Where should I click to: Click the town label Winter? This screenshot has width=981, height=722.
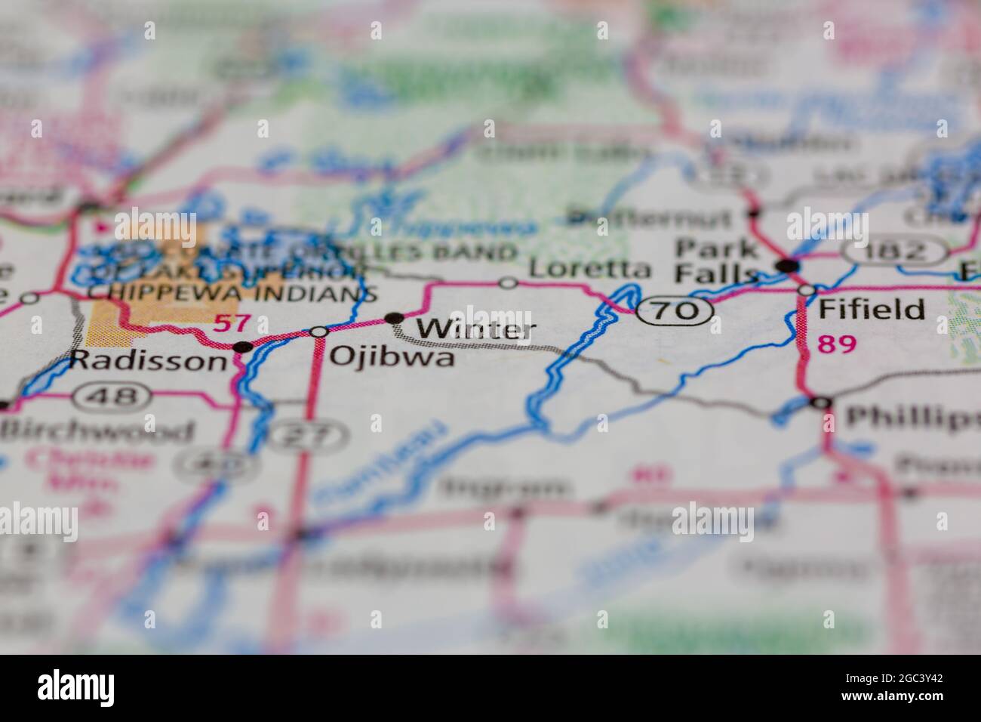click(475, 330)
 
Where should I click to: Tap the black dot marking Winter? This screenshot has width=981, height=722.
click(394, 319)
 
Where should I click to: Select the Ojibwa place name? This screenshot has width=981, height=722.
click(392, 356)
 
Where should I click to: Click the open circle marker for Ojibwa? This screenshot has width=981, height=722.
click(319, 332)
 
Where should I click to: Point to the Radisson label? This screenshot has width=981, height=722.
click(148, 361)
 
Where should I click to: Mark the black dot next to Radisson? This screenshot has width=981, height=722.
click(243, 347)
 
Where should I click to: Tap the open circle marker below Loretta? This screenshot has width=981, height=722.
click(509, 283)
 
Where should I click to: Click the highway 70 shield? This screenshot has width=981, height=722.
click(675, 310)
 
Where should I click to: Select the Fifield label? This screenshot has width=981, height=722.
click(872, 309)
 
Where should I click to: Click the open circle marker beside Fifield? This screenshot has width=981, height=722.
click(807, 290)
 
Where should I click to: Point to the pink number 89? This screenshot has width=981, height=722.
click(837, 344)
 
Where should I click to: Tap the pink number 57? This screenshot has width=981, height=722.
click(231, 324)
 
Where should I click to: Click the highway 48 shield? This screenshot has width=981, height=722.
click(116, 395)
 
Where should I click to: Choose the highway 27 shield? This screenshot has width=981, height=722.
click(309, 435)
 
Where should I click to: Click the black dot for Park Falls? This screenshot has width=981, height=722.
click(788, 265)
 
